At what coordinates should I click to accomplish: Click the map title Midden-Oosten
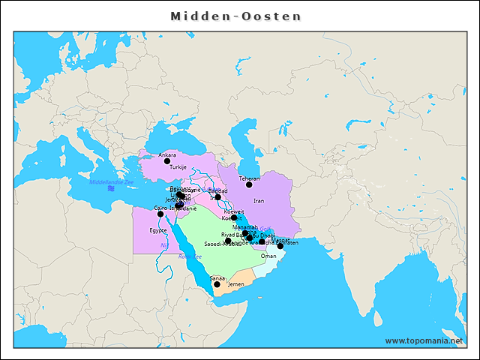[x=235, y=16]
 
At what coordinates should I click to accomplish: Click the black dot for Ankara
[x=167, y=161]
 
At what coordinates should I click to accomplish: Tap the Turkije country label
[x=178, y=167]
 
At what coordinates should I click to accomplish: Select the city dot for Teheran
[x=249, y=184]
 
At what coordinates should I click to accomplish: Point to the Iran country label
[x=259, y=201]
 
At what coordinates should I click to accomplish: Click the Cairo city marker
[x=160, y=214]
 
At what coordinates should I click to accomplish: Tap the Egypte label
[x=157, y=230]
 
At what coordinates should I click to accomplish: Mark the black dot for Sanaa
[x=217, y=284]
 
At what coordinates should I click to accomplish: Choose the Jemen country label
[x=236, y=285]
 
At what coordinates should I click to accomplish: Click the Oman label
[x=268, y=256]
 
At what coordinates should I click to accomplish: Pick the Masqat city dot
[x=280, y=246]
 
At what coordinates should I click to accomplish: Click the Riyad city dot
[x=228, y=241]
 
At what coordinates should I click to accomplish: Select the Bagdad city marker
[x=218, y=197]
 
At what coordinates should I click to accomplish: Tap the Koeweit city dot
[x=234, y=217]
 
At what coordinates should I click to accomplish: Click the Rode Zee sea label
[x=190, y=256]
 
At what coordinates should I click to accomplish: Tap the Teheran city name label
[x=249, y=178]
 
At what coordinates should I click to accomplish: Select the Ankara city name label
[x=167, y=155]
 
